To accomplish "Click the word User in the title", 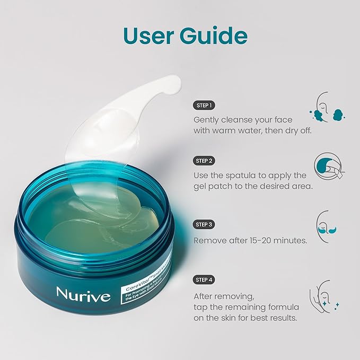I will [150, 36].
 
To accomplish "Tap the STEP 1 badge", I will [204, 105].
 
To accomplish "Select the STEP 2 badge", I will [204, 161].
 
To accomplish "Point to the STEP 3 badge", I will [204, 225].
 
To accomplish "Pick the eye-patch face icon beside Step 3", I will [328, 227].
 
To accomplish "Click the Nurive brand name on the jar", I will [84, 294].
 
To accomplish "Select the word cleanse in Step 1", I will [238, 119].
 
